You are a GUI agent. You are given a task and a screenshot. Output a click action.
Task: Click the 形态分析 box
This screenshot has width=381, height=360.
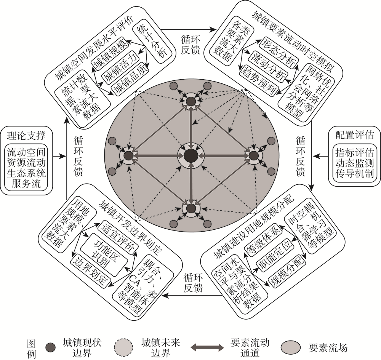coord(278,48)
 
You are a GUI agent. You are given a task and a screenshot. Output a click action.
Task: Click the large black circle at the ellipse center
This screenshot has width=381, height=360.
coord(191,156)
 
